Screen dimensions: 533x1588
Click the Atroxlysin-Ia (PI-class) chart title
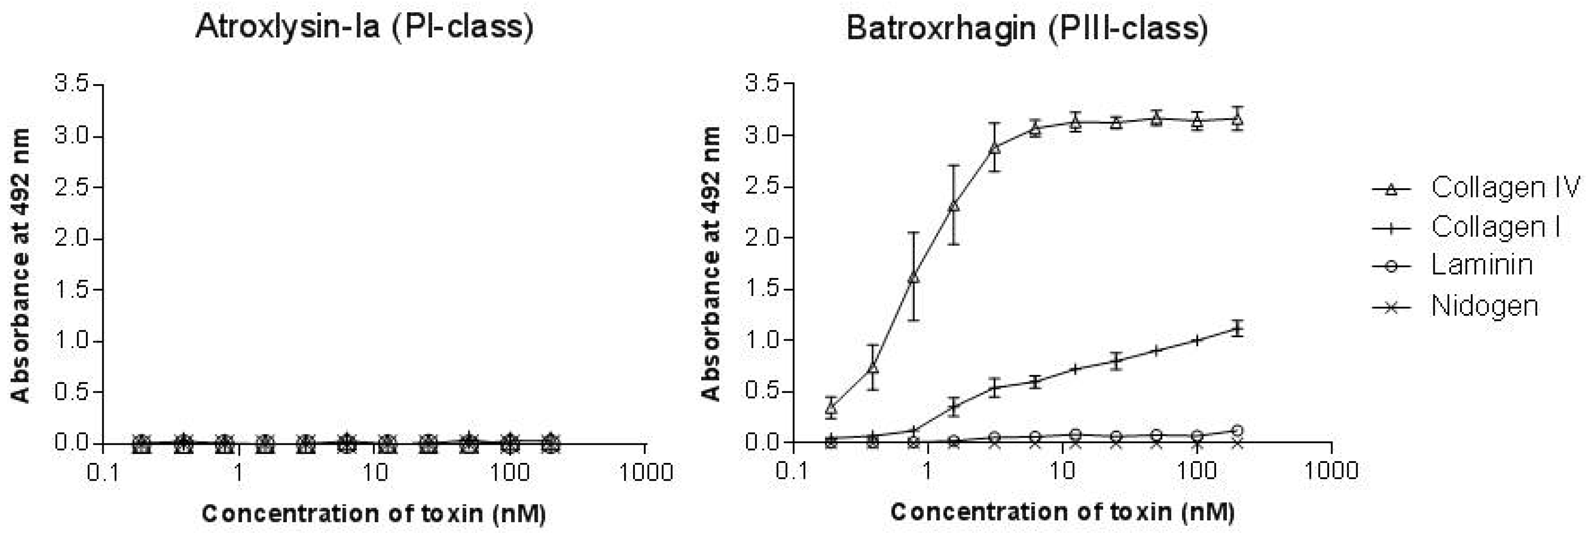364,28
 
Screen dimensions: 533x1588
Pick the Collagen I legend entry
1495,227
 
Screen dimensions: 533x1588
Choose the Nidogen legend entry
1484,306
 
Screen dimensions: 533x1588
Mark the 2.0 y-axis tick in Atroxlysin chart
73,238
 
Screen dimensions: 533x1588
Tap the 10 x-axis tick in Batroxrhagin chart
1061,471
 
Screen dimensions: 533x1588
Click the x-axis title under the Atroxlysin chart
374,513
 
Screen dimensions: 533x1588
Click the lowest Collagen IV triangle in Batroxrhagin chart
832,407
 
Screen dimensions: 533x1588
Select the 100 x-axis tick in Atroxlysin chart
509,473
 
